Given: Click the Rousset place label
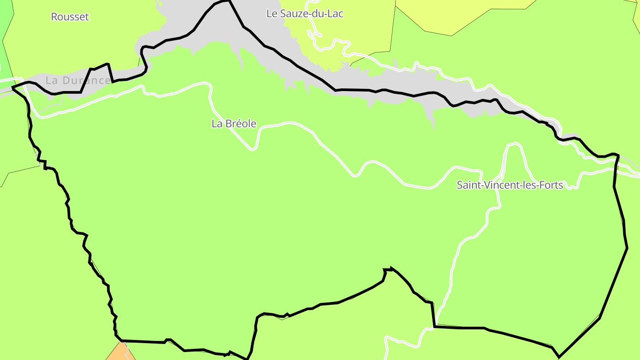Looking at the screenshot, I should click(70, 17).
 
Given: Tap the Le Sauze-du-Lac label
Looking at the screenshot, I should click(304, 13).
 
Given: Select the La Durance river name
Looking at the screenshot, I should click(78, 80).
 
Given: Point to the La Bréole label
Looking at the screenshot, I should click(234, 124).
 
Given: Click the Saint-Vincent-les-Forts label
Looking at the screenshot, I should click(510, 185).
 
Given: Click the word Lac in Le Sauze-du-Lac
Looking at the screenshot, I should click(336, 13).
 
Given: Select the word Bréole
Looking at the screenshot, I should click(241, 124).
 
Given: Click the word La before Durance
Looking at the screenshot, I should click(52, 80).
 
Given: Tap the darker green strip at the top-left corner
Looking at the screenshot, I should click(5, 44).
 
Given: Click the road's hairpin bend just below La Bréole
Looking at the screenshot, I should click(252, 148).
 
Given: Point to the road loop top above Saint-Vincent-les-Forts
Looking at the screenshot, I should click(515, 144).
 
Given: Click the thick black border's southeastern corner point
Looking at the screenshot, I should click(559, 356).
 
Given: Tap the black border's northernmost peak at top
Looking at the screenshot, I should click(229, 1).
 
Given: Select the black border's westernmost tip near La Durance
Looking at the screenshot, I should click(13, 88).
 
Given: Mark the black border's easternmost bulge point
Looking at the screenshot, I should click(627, 248).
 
